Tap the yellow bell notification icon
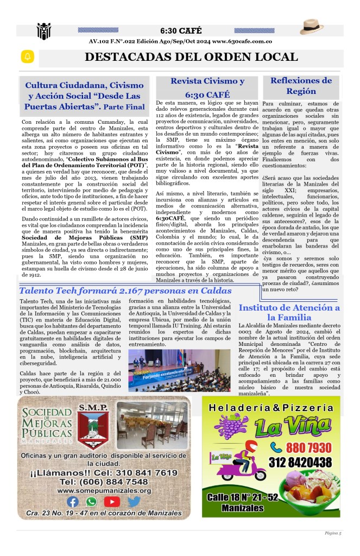pyautogui.click(x=27, y=56)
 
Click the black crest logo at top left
pyautogui.click(x=43, y=31)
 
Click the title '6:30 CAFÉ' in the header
pyautogui.click(x=181, y=30)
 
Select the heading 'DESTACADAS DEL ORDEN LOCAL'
pyautogui.click(x=191, y=57)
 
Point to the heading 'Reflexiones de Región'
pyautogui.click(x=301, y=86)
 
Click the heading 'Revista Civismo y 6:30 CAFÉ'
pyautogui.click(x=207, y=87)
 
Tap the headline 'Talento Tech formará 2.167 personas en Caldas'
pyautogui.click(x=125, y=290)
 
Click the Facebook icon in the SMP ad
pyautogui.click(x=72, y=502)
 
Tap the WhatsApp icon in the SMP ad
pyautogui.click(x=91, y=502)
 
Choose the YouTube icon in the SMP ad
pyautogui.click(x=112, y=502)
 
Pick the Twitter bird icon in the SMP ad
pyautogui.click(x=134, y=502)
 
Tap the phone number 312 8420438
pyautogui.click(x=299, y=462)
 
